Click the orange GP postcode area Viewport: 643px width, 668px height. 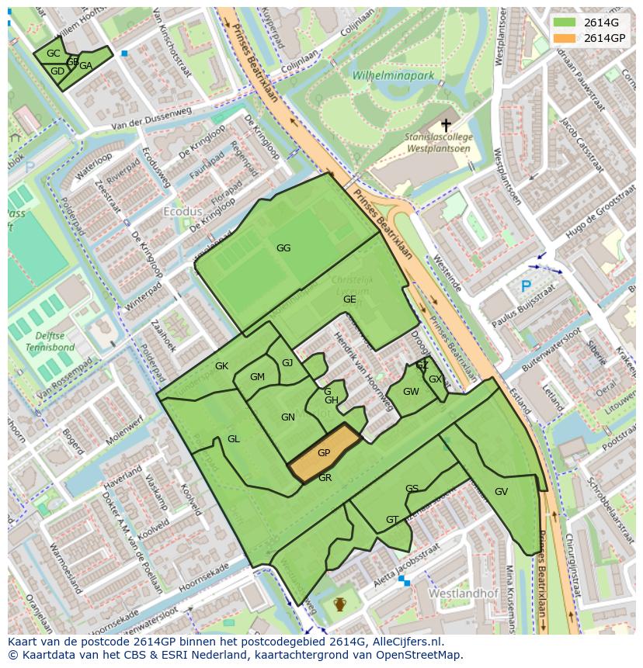coord(324,454)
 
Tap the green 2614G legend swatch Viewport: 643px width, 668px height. coord(565,22)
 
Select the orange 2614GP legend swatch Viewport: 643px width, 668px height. coord(565,38)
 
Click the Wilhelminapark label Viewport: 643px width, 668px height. coord(393,76)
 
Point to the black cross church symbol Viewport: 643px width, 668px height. coord(446,124)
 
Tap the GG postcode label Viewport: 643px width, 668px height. coord(283,248)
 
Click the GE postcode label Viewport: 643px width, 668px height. coord(349,299)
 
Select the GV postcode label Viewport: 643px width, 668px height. coord(501,492)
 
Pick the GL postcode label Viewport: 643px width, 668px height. coord(234,439)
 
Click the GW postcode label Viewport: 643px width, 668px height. coord(411,392)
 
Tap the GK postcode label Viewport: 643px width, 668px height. coord(221,366)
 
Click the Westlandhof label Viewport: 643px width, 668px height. coord(457,592)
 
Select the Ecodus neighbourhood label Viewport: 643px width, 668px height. coord(182,211)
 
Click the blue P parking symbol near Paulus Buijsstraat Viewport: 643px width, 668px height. coord(526,286)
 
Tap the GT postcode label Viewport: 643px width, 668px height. coord(392,520)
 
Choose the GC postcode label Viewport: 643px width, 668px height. coord(53,54)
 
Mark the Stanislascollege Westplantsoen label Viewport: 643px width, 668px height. coord(439,142)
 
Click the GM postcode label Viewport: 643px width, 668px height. coord(257,377)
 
